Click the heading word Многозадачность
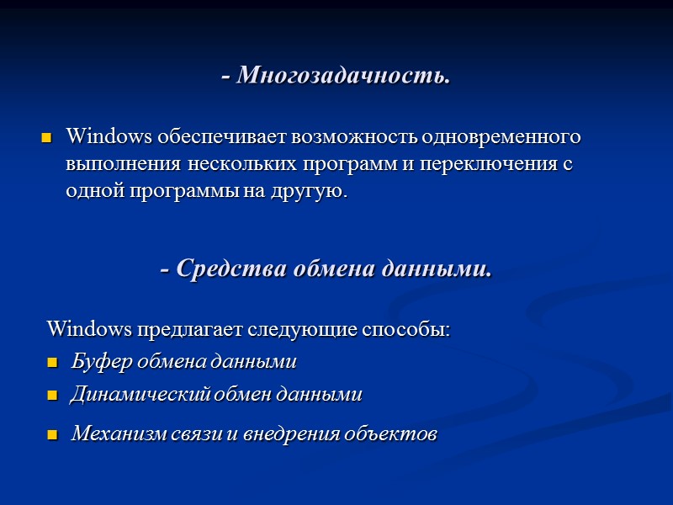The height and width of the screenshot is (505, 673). point(343,76)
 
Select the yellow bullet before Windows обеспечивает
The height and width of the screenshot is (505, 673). point(47,137)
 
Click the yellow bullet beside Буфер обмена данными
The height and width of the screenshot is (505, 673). point(52,364)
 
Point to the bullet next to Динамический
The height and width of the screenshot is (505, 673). point(52,396)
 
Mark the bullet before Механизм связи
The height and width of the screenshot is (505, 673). point(52,436)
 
